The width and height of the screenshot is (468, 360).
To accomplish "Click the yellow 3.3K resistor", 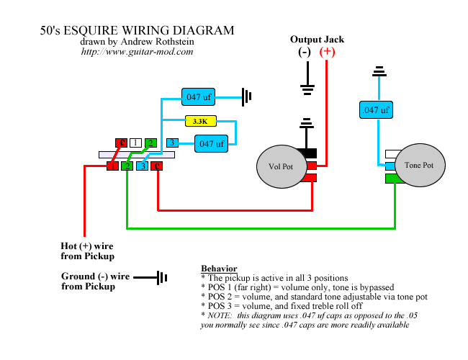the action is (x=201, y=121).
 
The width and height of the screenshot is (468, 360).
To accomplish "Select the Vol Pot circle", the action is (x=282, y=166).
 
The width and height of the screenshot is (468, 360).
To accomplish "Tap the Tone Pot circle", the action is (x=420, y=165).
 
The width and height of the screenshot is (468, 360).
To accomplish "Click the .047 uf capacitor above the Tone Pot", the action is (x=376, y=110).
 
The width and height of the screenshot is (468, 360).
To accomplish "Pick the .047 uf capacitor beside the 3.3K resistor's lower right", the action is (x=211, y=143).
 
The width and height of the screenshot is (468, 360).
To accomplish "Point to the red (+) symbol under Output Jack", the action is (x=327, y=52).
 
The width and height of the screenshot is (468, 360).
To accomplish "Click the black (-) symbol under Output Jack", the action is (x=305, y=53).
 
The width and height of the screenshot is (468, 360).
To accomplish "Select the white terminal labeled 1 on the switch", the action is (x=135, y=143).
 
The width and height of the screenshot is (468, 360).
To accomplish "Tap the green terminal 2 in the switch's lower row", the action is (x=127, y=166).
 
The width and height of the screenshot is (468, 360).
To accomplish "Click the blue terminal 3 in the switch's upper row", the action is (x=172, y=143).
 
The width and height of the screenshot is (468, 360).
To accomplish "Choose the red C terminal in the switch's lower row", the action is (x=157, y=166).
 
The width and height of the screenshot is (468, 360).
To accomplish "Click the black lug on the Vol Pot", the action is (x=307, y=153).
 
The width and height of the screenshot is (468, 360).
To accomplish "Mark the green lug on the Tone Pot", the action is (x=393, y=179).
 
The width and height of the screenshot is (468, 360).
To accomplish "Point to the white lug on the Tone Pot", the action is (x=393, y=154).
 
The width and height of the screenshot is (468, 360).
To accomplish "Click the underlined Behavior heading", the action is (x=219, y=269).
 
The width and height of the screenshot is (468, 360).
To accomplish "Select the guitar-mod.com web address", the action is (x=137, y=52).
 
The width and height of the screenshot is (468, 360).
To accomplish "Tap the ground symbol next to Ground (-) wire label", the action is (x=150, y=278).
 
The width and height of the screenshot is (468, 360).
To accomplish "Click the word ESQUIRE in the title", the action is (x=91, y=30).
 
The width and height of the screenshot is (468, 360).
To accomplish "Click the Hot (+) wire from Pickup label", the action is (x=87, y=251).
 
